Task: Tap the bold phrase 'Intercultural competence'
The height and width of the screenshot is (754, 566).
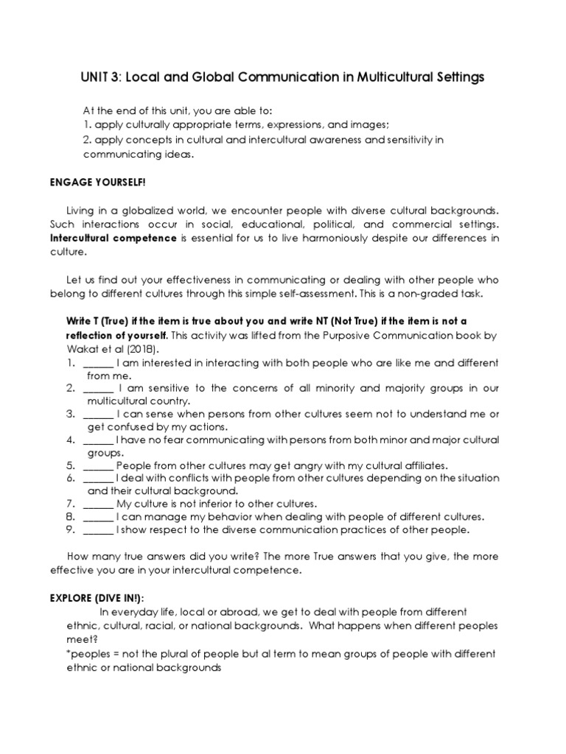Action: [x=113, y=239]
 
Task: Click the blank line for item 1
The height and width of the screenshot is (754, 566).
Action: [x=98, y=363]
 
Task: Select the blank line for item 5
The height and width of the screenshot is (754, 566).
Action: [x=98, y=465]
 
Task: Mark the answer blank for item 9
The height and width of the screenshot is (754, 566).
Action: [x=98, y=529]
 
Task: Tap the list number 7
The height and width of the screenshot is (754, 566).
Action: [x=71, y=504]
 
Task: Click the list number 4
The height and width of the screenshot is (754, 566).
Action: [x=71, y=440]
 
